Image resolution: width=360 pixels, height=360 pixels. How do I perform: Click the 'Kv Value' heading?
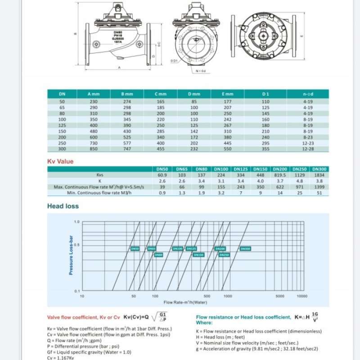(60, 161)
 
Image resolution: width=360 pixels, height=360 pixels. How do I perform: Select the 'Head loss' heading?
(63, 206)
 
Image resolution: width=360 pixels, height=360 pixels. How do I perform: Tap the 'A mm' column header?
(94, 94)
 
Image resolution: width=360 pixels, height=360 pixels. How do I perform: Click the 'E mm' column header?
(228, 94)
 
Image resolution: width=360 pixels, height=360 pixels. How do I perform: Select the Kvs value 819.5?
(280, 175)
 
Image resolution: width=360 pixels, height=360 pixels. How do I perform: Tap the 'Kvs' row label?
(100, 175)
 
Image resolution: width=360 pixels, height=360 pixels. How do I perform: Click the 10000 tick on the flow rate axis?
(302, 296)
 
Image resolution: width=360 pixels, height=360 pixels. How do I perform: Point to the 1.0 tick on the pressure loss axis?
(76, 222)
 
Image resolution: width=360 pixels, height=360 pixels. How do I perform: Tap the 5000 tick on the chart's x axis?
(280, 296)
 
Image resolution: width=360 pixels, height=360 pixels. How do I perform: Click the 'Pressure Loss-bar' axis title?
(71, 255)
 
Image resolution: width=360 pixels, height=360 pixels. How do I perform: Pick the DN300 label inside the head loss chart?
(245, 248)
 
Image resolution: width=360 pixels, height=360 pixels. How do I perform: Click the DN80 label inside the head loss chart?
(158, 255)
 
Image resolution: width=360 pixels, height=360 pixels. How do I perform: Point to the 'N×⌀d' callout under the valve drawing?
(200, 71)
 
